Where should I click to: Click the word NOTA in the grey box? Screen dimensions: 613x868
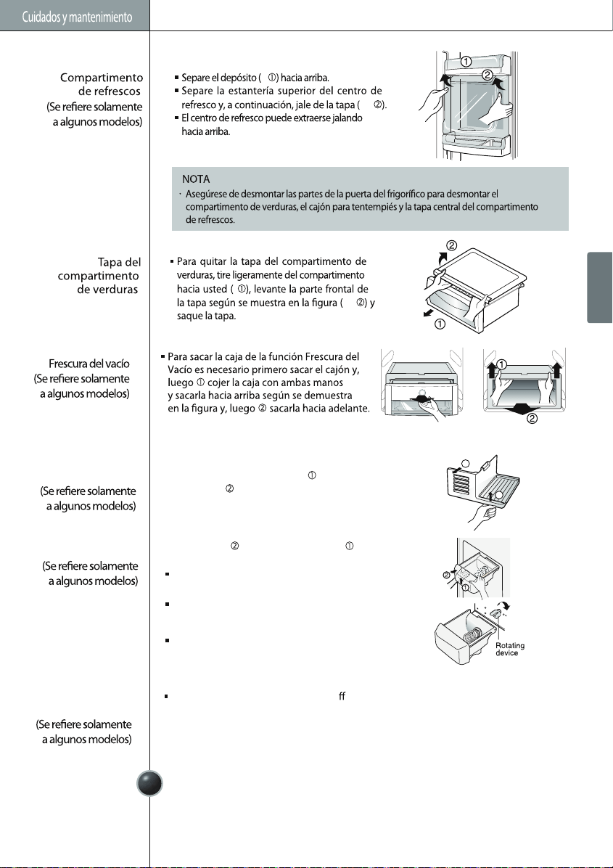[196, 179]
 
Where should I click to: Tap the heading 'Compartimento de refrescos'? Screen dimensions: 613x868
[102, 84]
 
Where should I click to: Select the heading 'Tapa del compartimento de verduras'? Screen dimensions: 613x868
[99, 276]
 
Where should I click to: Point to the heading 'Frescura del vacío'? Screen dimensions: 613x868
[89, 364]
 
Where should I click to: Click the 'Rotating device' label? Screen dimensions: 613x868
[510, 650]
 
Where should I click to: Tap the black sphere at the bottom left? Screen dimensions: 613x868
[149, 783]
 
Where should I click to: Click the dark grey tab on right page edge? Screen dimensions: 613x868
[600, 287]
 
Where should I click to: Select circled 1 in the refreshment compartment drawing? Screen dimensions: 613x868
[466, 62]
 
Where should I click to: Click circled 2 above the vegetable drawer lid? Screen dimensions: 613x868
[451, 246]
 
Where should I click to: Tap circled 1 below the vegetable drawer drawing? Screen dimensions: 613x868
[440, 324]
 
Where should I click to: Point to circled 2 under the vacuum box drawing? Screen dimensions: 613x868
[532, 419]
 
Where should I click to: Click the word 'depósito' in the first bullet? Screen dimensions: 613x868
[239, 78]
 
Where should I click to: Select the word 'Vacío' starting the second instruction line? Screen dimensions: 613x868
[180, 369]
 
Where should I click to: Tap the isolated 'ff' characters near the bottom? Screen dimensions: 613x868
[342, 696]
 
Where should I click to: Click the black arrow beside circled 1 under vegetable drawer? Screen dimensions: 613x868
[428, 314]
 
